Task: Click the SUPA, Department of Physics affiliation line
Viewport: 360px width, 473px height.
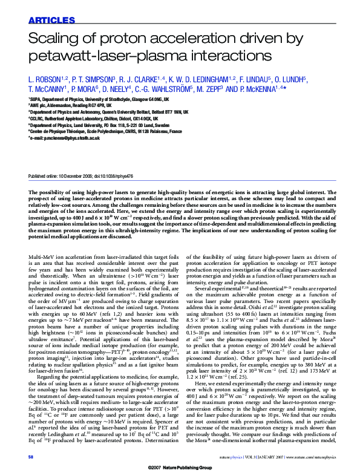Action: pos(99,99)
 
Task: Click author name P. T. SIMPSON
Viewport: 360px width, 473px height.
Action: pos(94,79)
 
